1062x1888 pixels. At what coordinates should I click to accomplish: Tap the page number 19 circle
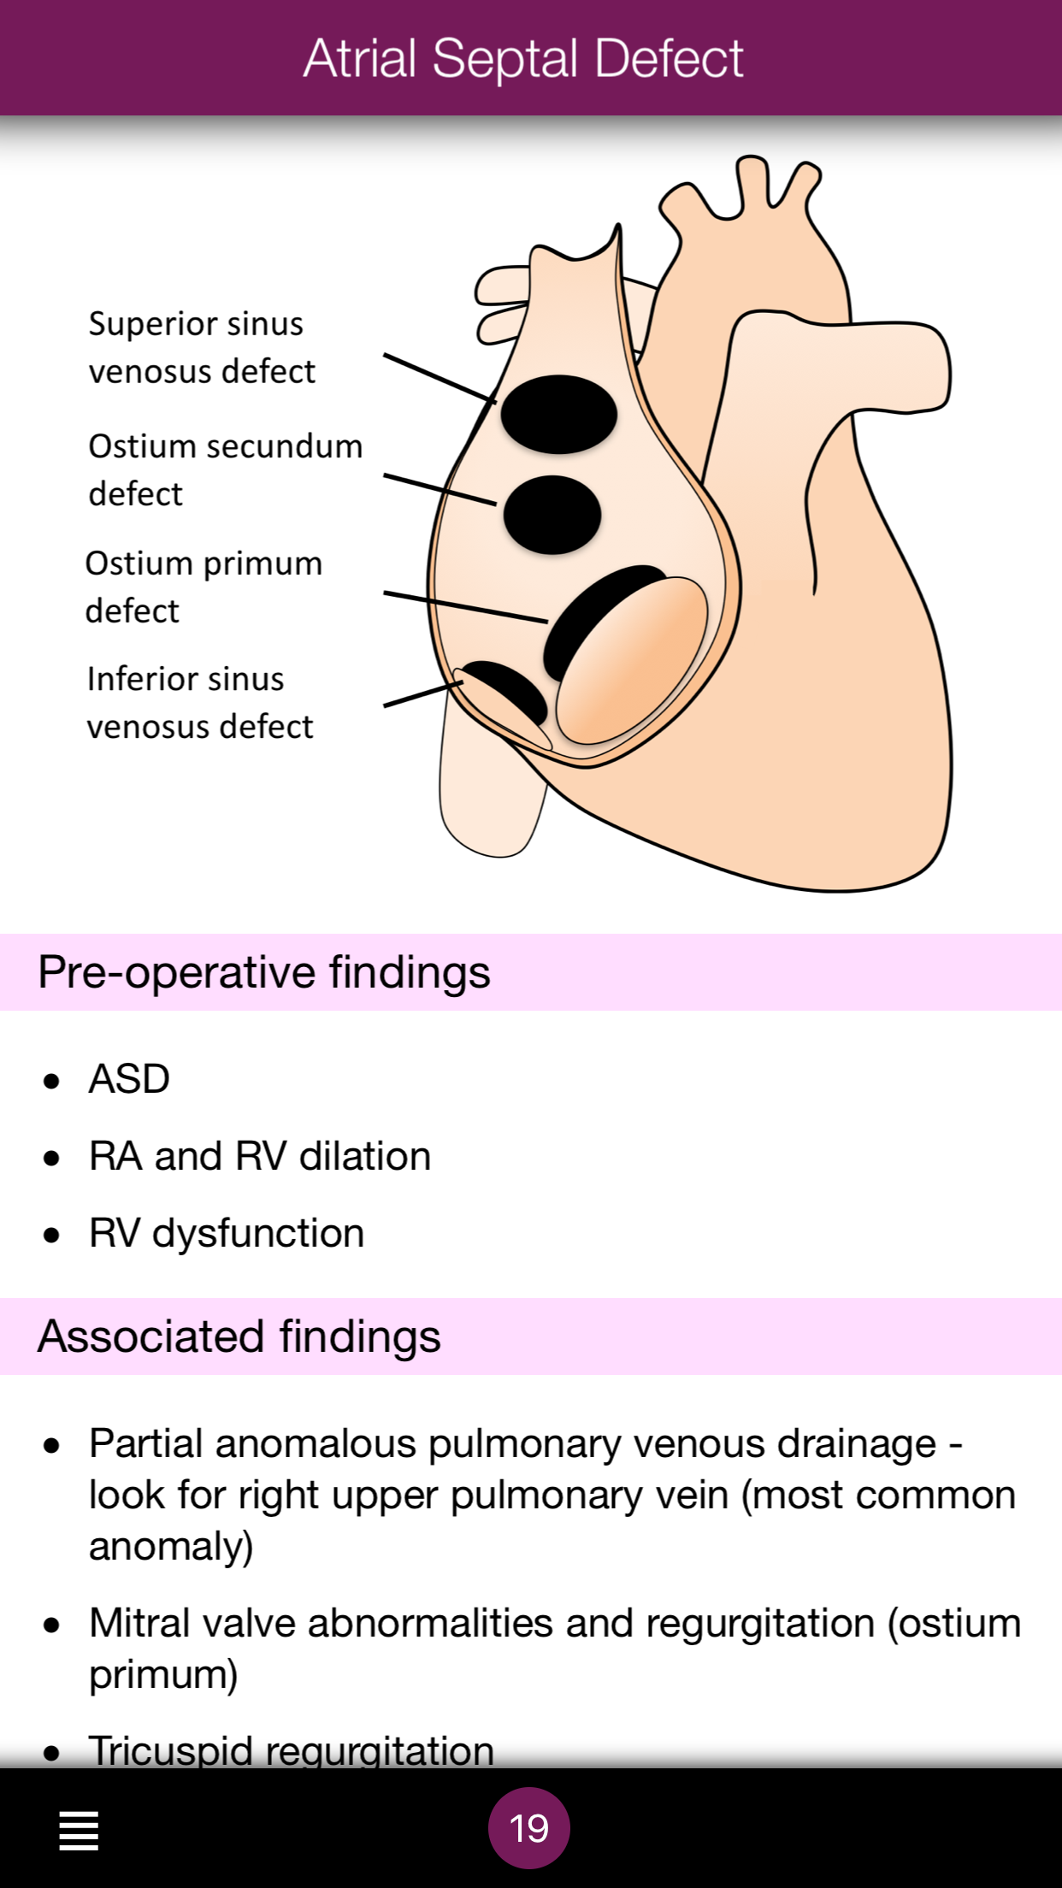tap(528, 1828)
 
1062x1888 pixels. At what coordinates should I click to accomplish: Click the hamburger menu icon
tap(79, 1831)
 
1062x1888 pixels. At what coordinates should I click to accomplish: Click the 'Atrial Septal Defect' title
tap(523, 58)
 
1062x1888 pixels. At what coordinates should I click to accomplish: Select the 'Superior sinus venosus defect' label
tap(202, 347)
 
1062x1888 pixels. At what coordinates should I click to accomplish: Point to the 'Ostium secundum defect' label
tap(225, 469)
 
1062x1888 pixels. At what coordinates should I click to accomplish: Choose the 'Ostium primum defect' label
tap(204, 587)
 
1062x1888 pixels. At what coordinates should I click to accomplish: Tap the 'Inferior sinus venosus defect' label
tap(200, 702)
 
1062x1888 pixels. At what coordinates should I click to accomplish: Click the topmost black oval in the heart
tap(558, 414)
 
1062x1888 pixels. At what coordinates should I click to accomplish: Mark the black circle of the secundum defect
tap(552, 515)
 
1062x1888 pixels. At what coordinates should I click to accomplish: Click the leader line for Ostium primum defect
tap(465, 606)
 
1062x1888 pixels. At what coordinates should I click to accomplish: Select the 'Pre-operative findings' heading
tap(264, 972)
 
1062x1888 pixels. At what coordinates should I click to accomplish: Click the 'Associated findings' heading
tap(239, 1336)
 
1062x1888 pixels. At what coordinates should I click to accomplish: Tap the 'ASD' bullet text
tap(129, 1079)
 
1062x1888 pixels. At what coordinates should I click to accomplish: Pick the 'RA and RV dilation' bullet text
tap(260, 1156)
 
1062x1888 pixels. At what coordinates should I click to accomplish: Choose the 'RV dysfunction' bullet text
tap(227, 1233)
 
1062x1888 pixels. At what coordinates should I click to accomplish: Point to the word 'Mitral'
tap(139, 1623)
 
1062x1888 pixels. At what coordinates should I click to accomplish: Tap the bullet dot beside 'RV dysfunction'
tap(52, 1235)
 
